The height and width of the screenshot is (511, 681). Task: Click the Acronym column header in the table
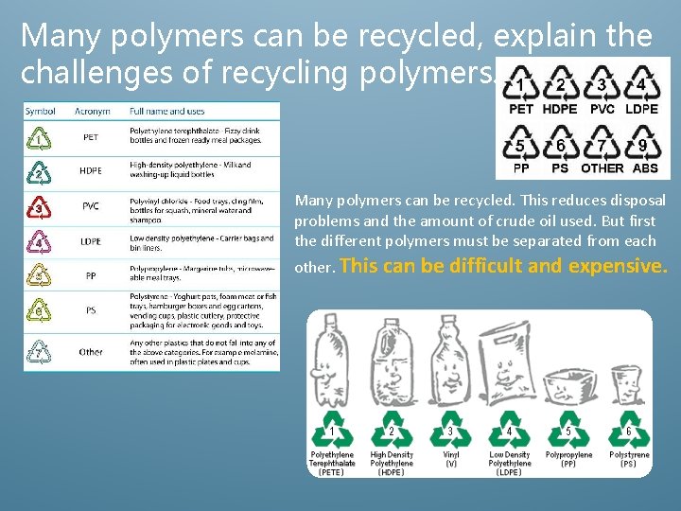click(91, 112)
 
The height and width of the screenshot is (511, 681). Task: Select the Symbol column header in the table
click(41, 112)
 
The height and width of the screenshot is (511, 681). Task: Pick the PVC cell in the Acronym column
click(91, 206)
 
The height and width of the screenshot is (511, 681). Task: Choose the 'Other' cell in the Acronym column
click(91, 352)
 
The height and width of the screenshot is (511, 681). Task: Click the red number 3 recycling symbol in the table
click(39, 207)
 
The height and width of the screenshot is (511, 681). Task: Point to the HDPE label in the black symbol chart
click(561, 109)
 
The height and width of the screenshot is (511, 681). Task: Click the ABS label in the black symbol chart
click(645, 168)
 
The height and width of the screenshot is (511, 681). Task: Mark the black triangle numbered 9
click(643, 145)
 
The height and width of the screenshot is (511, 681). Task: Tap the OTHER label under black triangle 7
click(602, 168)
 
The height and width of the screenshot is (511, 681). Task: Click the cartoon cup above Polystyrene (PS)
click(628, 383)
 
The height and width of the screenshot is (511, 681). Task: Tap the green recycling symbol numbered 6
click(629, 432)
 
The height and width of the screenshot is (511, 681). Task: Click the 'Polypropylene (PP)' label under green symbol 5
click(568, 460)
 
